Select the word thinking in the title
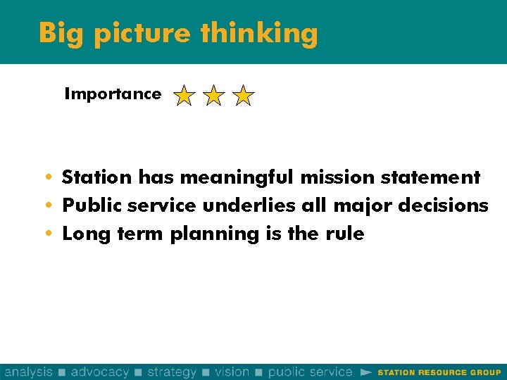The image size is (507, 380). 259,33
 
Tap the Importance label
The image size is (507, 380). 113,94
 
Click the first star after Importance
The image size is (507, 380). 184,96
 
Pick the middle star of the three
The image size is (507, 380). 213,96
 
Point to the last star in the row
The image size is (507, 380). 243,96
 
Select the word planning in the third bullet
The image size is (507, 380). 215,234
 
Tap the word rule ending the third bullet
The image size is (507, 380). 346,234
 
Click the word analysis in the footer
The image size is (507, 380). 28,372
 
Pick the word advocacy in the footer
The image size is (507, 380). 100,372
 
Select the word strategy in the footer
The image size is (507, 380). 171,372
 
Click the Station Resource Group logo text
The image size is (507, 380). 439,372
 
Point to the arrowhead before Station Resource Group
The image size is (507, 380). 365,372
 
